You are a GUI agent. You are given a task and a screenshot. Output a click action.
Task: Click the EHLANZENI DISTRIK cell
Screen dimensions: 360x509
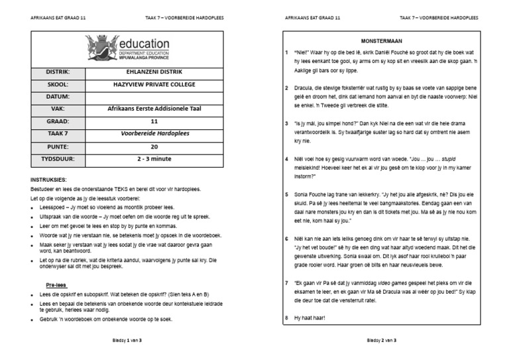(x=154, y=71)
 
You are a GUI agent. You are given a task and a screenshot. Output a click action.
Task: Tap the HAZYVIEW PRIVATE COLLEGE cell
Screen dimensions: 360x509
(x=154, y=84)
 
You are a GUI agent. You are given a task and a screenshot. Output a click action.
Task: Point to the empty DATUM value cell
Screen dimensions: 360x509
(x=154, y=96)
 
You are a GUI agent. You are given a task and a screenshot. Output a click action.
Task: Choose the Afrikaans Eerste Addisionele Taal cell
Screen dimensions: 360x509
(x=154, y=109)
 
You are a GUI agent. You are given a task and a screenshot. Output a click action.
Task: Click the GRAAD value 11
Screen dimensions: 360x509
(x=154, y=121)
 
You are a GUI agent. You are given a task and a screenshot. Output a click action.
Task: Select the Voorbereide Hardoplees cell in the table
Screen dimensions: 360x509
(x=154, y=134)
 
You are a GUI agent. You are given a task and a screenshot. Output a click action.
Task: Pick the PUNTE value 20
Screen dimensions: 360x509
(x=154, y=147)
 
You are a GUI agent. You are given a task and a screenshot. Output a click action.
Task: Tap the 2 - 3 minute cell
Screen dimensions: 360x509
(x=154, y=159)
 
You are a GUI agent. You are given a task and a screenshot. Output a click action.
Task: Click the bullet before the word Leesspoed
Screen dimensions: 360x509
(x=34, y=207)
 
